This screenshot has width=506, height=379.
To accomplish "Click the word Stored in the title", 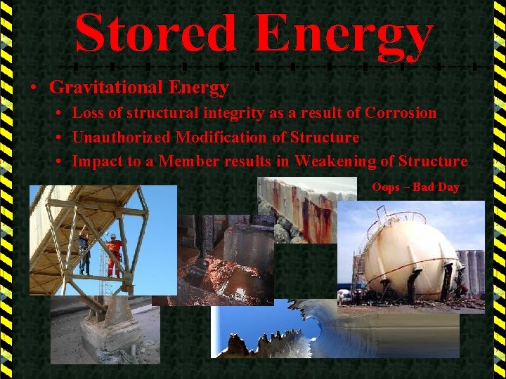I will coord(155,34).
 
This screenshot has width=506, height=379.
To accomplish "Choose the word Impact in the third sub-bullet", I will coord(96,161).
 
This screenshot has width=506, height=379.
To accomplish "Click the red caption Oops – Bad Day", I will coord(415,187).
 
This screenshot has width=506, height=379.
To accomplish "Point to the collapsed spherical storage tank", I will coord(408,256).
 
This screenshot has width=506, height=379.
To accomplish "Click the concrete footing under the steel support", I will coord(102,330).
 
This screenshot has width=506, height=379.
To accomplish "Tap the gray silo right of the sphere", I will coord(472,270).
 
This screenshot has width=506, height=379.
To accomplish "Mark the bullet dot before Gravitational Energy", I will coord(33,88).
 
